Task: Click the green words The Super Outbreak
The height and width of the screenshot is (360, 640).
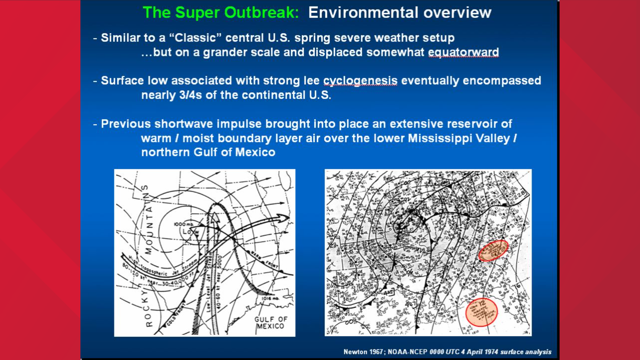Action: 220,13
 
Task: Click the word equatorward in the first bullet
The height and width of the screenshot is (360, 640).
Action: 463,52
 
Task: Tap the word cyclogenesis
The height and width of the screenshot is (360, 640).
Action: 360,81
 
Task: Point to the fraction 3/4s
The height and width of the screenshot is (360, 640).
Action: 190,95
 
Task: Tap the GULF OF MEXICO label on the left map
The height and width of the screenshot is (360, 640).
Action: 270,323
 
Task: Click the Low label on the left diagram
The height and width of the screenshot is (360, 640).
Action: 191,231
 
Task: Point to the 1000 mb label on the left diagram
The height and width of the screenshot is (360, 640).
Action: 184,224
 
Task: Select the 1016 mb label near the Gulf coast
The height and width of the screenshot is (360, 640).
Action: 270,298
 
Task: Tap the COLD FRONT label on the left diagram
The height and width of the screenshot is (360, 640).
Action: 176,314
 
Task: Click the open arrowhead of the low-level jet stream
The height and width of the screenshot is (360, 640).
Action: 215,217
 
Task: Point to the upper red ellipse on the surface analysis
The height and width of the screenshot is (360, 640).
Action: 493,250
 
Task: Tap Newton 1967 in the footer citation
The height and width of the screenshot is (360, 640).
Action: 363,352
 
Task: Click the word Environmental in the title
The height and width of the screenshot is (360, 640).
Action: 363,13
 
